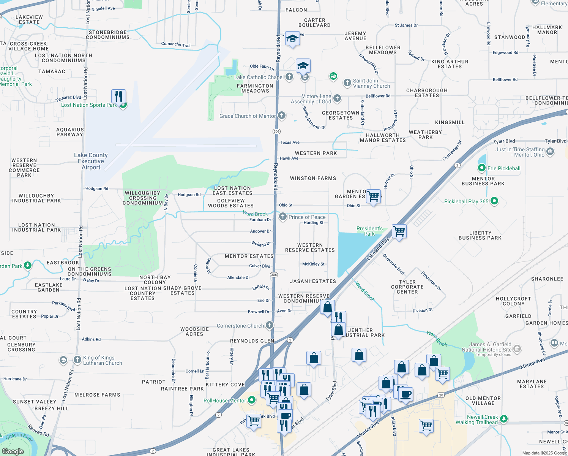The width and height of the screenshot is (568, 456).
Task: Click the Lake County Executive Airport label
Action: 91,161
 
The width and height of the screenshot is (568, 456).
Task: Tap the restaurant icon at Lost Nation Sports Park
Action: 118,97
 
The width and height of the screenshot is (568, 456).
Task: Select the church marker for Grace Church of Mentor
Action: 281,116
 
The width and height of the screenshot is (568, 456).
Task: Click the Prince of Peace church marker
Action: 282,217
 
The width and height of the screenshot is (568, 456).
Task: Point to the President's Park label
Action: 369,231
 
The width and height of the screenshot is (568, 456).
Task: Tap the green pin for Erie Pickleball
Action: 482,168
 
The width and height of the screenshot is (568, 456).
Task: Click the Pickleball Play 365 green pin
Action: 494,201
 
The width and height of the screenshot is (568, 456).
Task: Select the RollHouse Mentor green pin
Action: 251,400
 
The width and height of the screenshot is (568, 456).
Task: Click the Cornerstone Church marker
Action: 269,325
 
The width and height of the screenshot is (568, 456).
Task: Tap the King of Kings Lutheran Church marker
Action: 77,359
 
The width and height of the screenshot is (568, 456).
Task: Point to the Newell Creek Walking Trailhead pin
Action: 503,419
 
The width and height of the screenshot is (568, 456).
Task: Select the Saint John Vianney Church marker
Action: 347,83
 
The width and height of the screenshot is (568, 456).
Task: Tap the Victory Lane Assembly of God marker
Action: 337,99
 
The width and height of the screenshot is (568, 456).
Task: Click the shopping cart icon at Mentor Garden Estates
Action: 373,196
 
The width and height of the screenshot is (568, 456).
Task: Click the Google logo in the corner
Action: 13,451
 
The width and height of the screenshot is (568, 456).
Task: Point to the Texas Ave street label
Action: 290,142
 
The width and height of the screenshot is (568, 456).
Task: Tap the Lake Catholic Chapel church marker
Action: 289,77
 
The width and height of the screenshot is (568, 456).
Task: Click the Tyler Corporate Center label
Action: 407,287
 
